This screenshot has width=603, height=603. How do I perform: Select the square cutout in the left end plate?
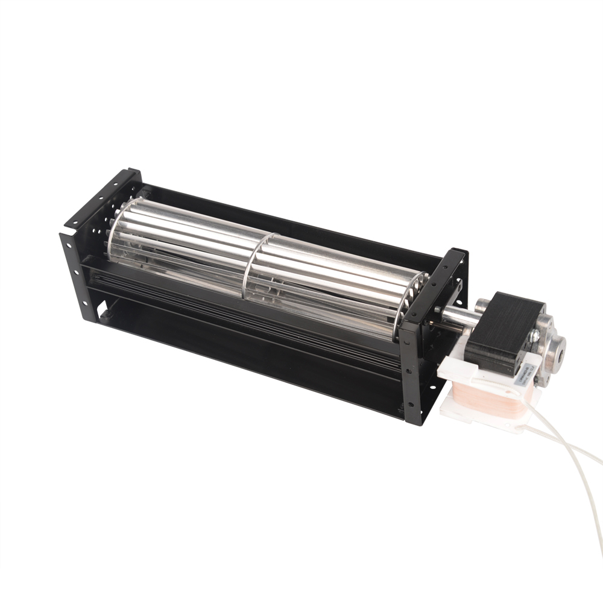coord(105,314)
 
